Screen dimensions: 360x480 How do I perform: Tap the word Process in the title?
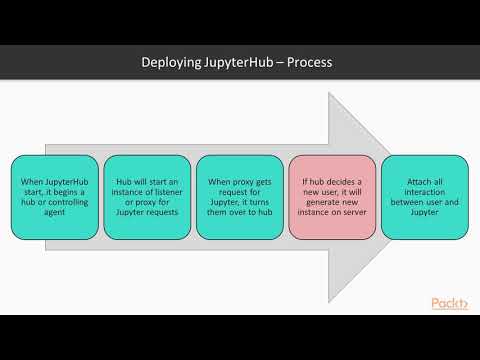click(x=307, y=63)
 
